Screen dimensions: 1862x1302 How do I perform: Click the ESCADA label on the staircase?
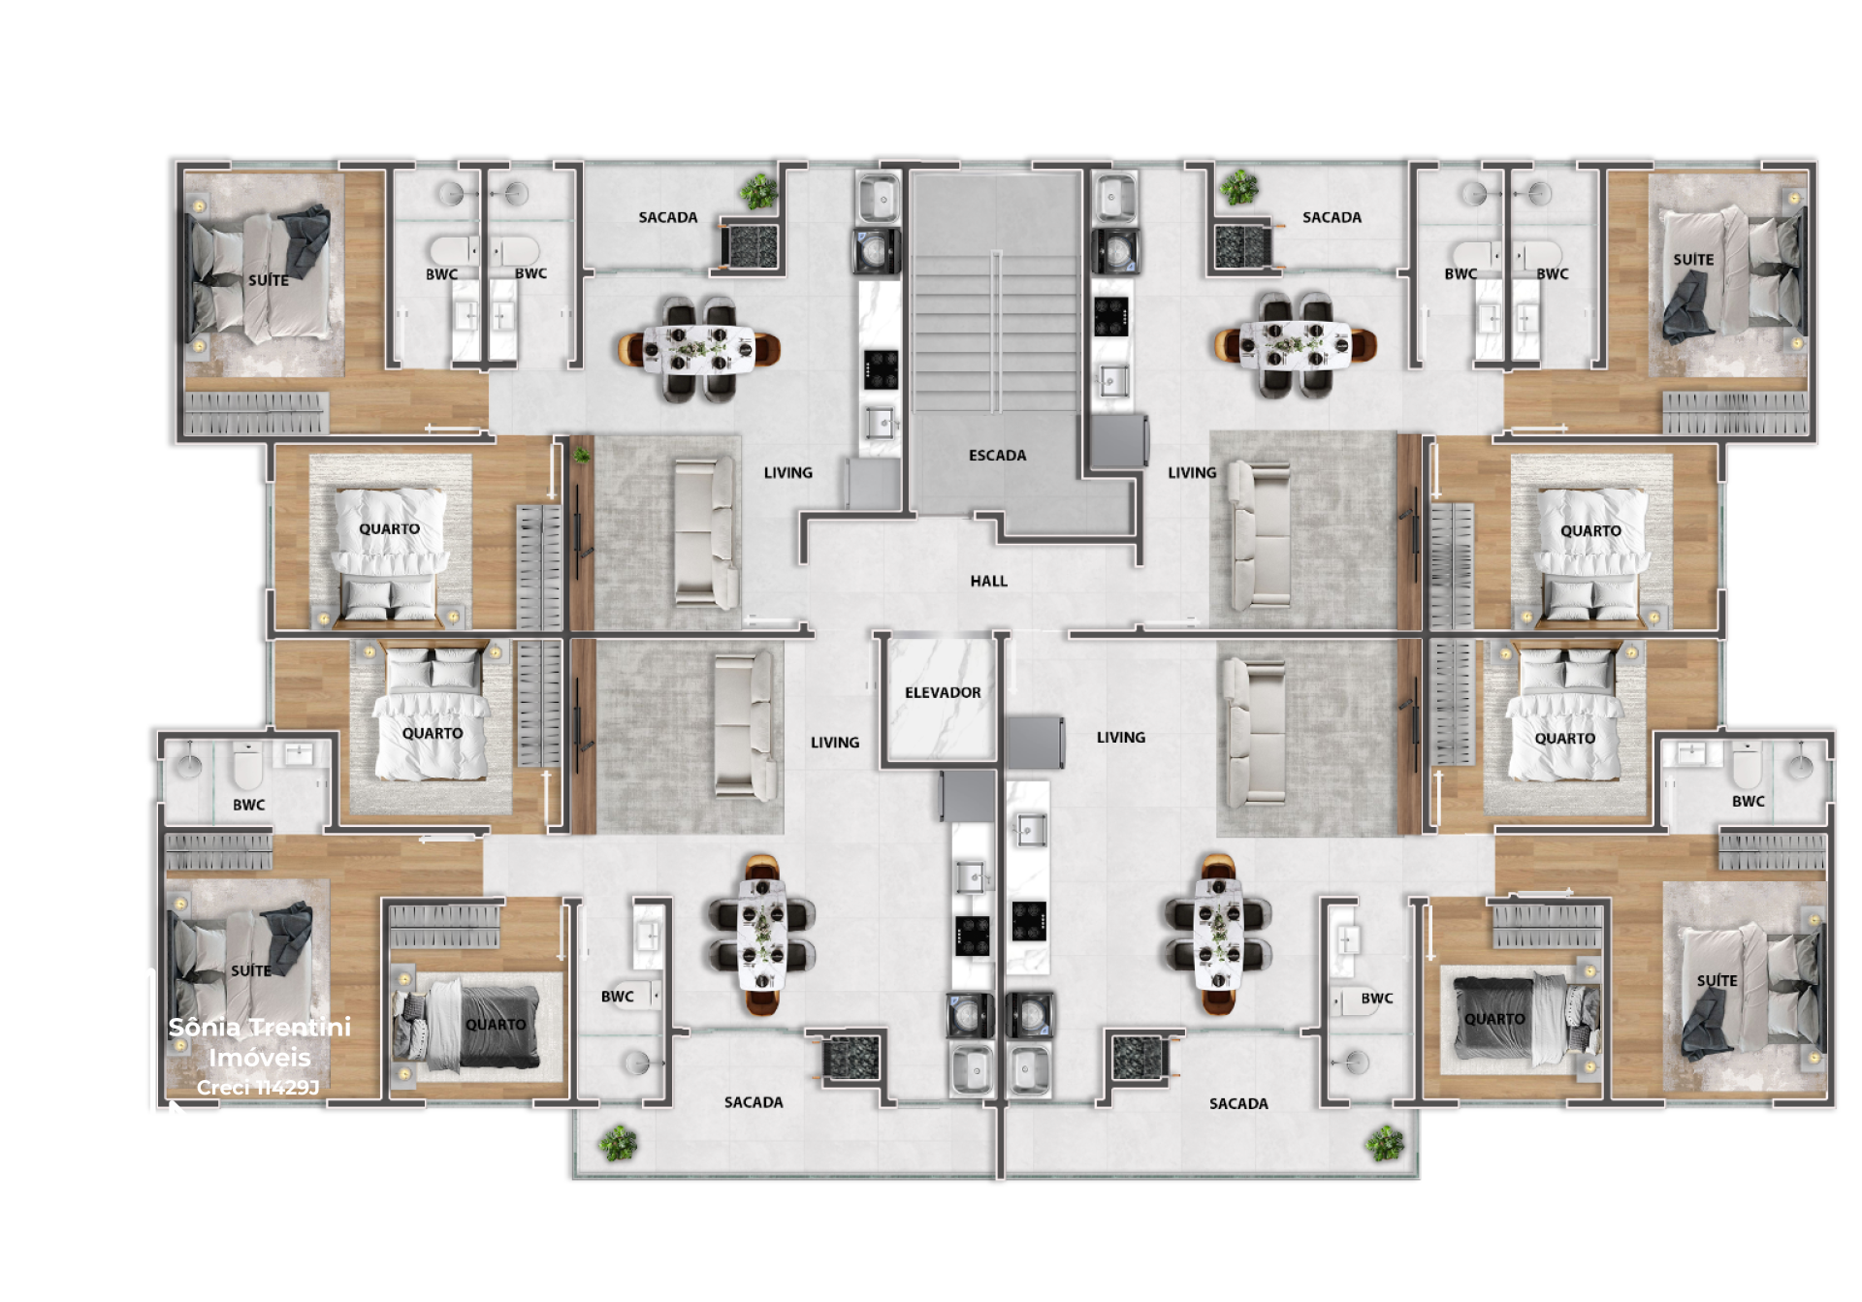(997, 456)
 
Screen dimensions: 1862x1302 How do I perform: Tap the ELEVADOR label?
(943, 693)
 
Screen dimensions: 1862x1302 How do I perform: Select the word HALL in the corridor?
(988, 582)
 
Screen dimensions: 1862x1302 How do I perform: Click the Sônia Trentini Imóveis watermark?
(260, 1042)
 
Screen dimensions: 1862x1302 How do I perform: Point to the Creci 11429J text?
(258, 1088)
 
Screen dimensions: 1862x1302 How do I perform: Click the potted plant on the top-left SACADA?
(758, 191)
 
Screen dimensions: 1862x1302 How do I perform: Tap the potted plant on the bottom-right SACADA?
(1385, 1144)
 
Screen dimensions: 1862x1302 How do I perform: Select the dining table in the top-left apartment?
(699, 349)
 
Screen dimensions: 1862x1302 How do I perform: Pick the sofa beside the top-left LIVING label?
(706, 531)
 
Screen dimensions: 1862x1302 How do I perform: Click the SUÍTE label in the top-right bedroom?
(1693, 260)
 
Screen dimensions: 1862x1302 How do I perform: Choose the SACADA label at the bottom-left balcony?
(754, 1103)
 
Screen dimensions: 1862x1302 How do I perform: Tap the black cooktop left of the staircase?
(881, 369)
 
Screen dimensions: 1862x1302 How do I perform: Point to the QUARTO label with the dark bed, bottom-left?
(496, 1025)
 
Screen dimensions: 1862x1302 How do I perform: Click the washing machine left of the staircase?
(877, 250)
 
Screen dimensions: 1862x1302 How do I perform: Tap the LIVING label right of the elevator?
(1121, 738)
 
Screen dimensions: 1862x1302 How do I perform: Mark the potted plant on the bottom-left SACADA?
(618, 1144)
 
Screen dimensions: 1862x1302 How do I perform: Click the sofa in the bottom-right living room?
(1253, 732)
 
